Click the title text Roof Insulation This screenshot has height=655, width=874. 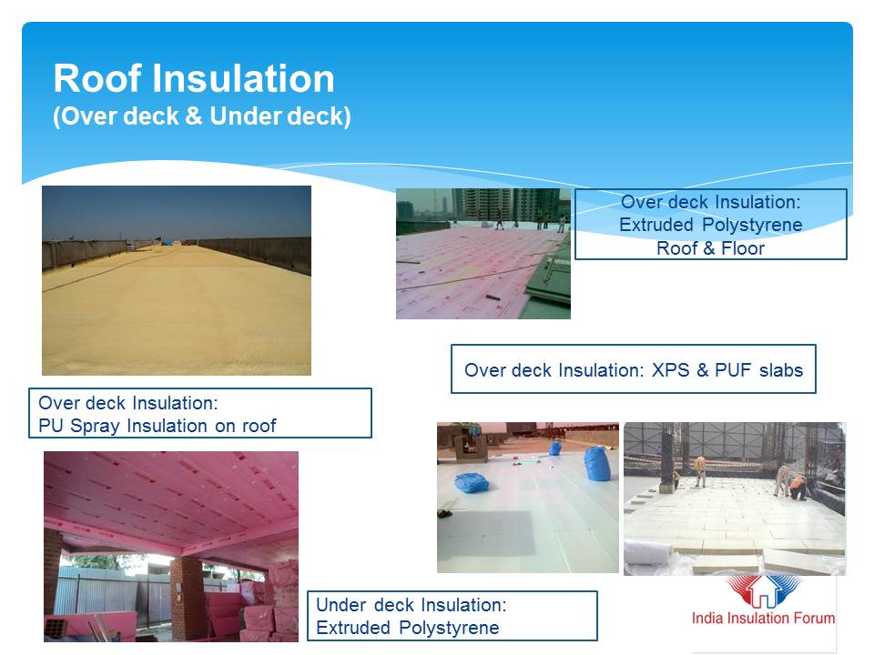pyautogui.click(x=194, y=78)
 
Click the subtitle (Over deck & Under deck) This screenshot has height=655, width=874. pyautogui.click(x=202, y=116)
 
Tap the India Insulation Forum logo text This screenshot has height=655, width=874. pyautogui.click(x=763, y=618)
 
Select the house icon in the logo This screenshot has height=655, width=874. pyautogui.click(x=764, y=592)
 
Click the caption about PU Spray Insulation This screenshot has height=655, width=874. pyautogui.click(x=199, y=413)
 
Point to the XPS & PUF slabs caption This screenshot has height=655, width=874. pyautogui.click(x=634, y=369)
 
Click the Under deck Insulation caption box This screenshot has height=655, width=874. pyautogui.click(x=452, y=616)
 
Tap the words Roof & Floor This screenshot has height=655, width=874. pyautogui.click(x=710, y=247)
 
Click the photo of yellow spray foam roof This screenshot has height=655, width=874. pyautogui.click(x=177, y=280)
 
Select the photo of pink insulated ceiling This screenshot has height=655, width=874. pyautogui.click(x=171, y=547)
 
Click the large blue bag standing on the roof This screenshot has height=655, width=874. pyautogui.click(x=596, y=463)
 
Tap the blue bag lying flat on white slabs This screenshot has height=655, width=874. pyautogui.click(x=471, y=482)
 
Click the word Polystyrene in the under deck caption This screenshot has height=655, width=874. pyautogui.click(x=449, y=628)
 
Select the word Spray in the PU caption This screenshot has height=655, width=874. pyautogui.click(x=96, y=426)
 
